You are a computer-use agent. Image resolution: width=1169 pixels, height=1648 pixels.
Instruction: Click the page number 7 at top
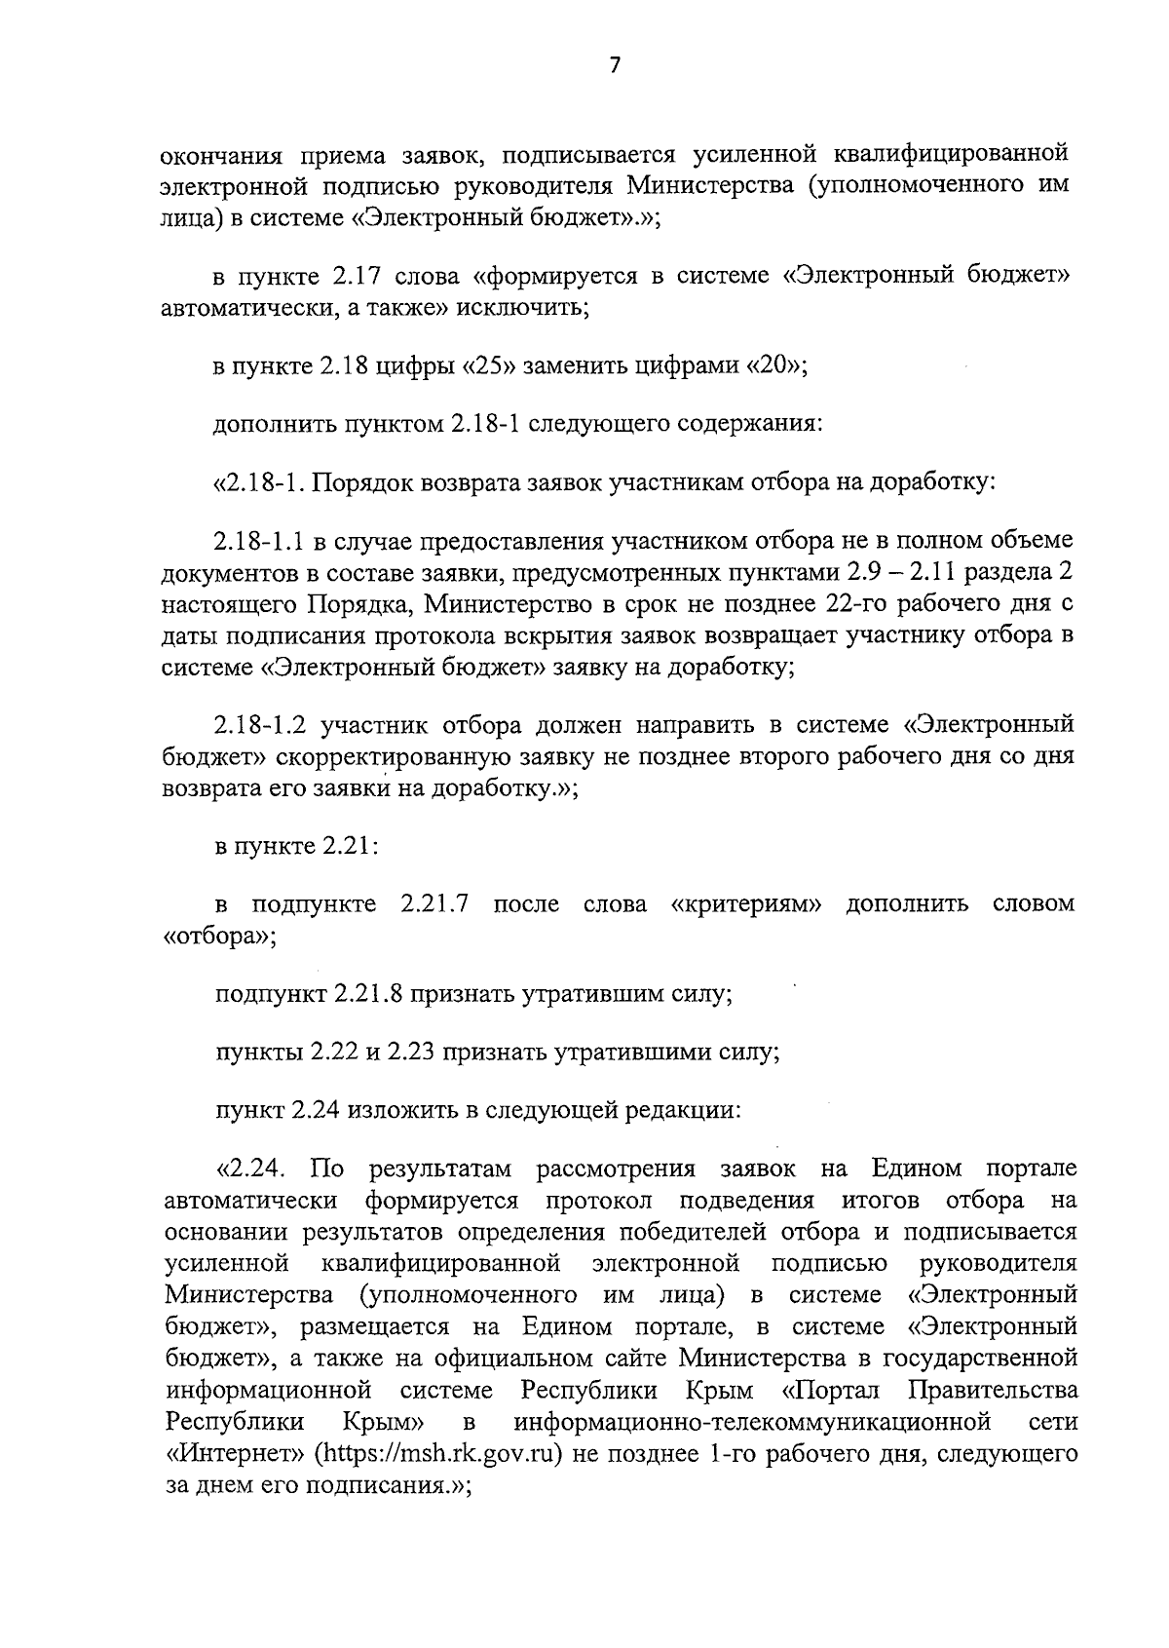tap(614, 65)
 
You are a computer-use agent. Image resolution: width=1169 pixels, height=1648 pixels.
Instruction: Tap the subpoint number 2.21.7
tap(435, 903)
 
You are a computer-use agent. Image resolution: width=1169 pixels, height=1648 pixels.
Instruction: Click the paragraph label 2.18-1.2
tap(261, 725)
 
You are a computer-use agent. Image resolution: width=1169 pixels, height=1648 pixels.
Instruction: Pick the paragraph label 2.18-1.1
tap(260, 542)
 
